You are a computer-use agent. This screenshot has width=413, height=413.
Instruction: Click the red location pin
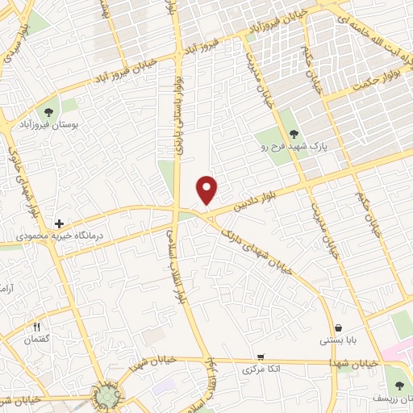point(207,189)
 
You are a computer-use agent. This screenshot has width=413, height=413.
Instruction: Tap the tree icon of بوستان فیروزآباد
point(50,112)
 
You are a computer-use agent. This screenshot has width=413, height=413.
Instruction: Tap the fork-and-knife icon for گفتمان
point(36,327)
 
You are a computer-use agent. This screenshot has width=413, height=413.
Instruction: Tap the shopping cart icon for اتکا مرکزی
point(260,357)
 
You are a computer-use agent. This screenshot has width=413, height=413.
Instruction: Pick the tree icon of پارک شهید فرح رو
point(293,136)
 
